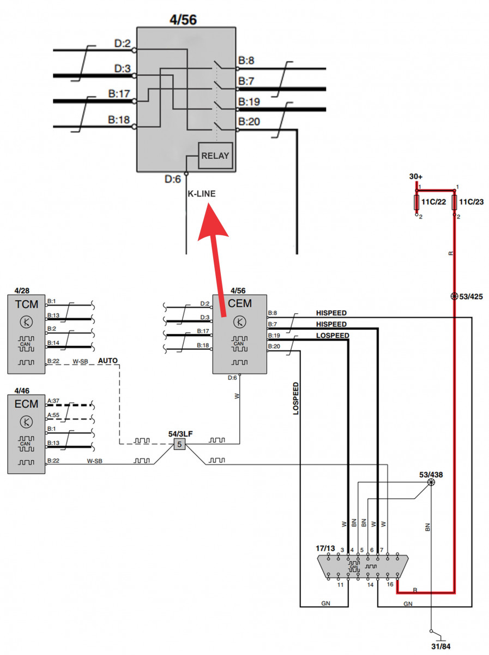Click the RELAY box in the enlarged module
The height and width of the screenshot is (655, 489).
point(215,156)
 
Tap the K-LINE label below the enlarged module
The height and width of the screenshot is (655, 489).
point(202,193)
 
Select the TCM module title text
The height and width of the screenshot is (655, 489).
point(26,304)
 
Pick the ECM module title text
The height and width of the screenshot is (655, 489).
point(26,404)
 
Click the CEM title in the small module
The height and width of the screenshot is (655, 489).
point(239,303)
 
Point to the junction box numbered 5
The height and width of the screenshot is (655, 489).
point(180,445)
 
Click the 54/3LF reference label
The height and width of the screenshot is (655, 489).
point(179,433)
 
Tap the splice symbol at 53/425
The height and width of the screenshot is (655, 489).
point(454,296)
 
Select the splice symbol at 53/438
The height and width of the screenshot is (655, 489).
point(431,483)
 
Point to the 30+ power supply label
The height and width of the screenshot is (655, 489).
point(416,177)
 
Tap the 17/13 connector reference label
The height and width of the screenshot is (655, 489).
point(325,547)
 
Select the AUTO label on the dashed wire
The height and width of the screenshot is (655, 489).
point(107,361)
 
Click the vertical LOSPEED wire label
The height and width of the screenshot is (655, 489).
point(296,398)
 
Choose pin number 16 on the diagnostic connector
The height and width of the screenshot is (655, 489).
point(390,585)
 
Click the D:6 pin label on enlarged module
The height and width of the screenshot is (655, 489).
point(172,178)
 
